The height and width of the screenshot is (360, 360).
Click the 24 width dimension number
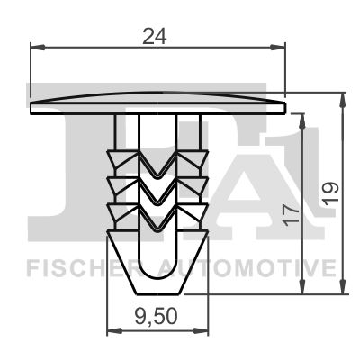[155, 36]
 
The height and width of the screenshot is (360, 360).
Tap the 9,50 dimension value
[156, 317]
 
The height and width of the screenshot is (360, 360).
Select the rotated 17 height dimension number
[292, 214]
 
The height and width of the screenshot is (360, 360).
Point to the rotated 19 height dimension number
[330, 193]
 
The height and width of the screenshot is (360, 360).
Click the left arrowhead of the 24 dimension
[38, 47]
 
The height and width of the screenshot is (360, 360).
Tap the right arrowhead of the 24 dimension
[277, 47]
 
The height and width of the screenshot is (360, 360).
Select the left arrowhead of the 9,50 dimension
[115, 331]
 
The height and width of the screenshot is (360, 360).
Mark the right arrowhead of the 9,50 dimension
[201, 331]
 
